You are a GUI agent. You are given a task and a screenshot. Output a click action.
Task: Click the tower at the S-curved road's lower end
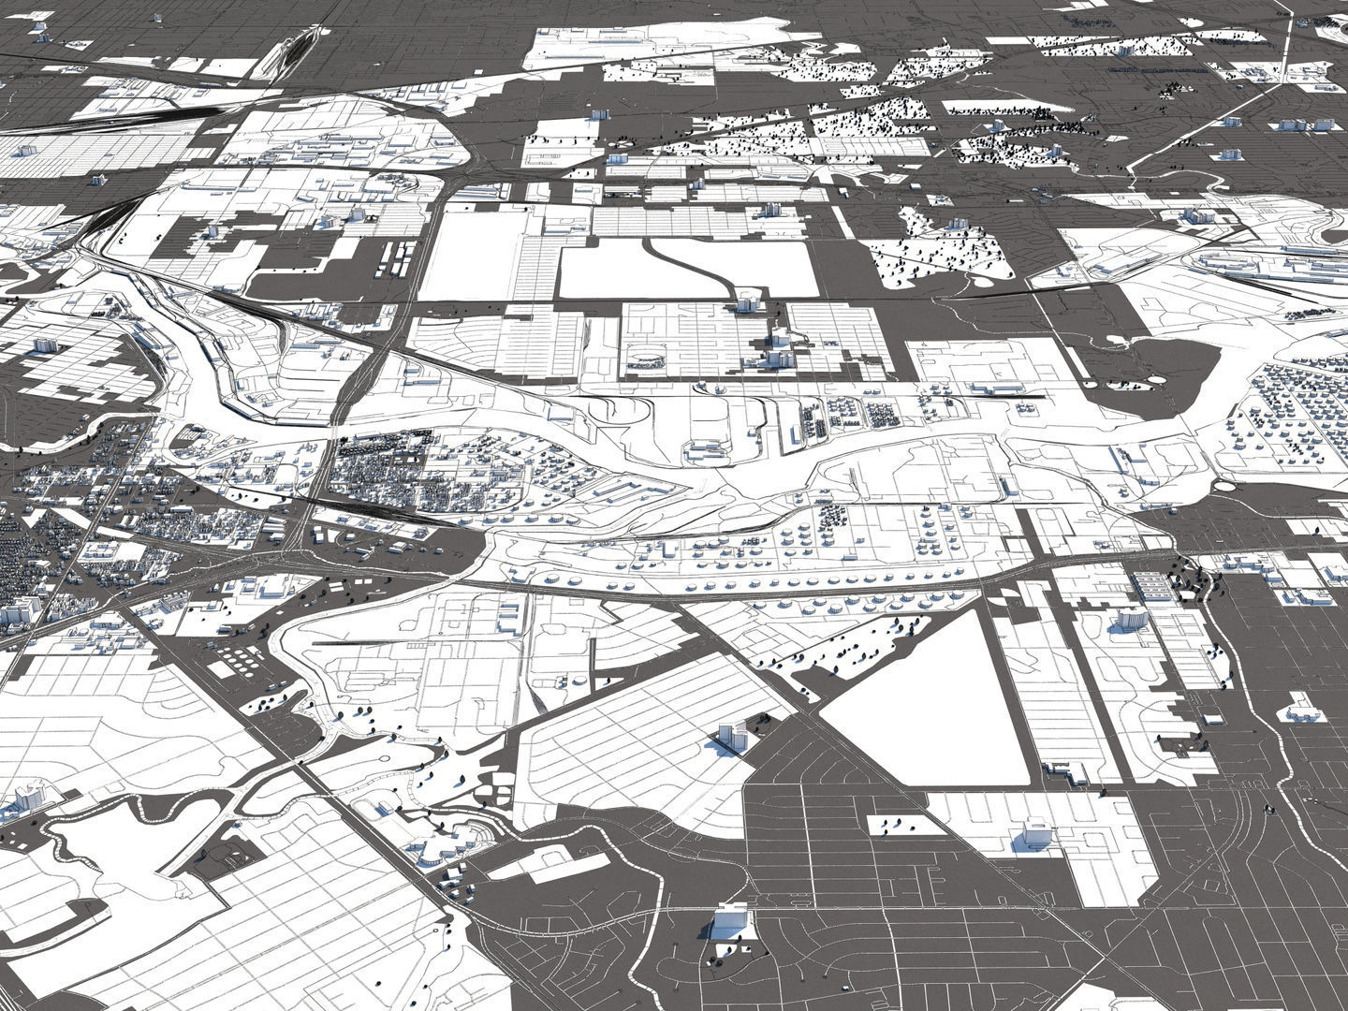[x=746, y=302]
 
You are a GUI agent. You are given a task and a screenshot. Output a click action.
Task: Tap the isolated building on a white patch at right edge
[x=1304, y=708]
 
